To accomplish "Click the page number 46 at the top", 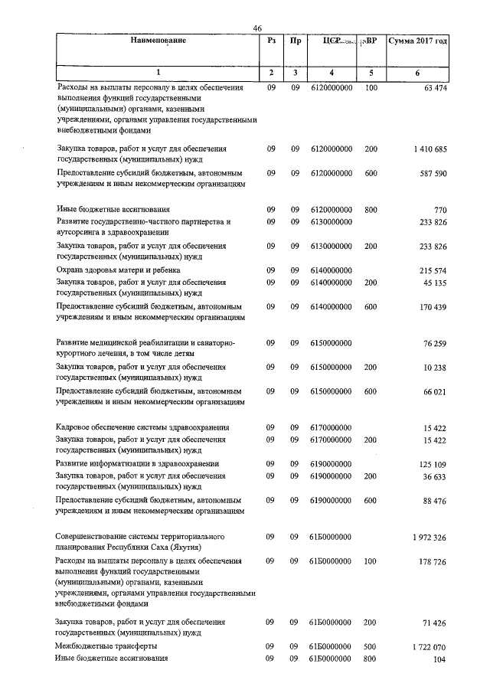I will (x=257, y=29).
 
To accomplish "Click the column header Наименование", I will (x=158, y=41).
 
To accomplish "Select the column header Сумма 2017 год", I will (x=417, y=41).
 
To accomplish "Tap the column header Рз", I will (x=271, y=41).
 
